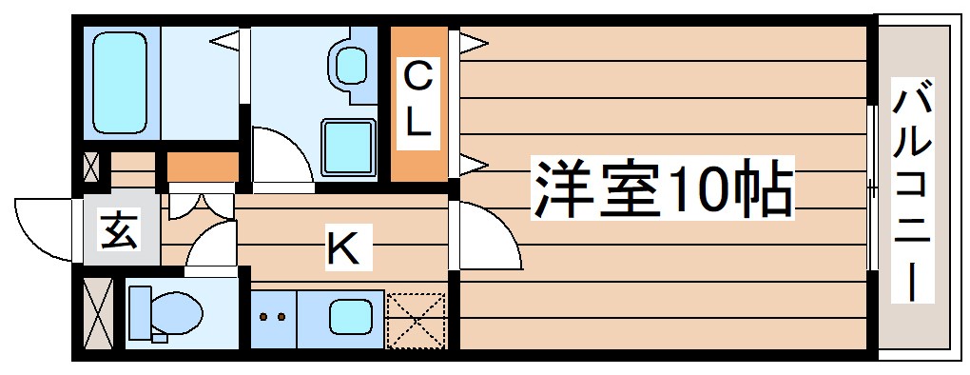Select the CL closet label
click(418, 100)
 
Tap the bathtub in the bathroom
click(121, 82)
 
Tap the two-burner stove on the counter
click(274, 317)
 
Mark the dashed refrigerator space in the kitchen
click(416, 319)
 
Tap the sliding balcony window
click(871, 187)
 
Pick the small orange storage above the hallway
click(203, 168)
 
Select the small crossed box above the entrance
click(91, 168)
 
